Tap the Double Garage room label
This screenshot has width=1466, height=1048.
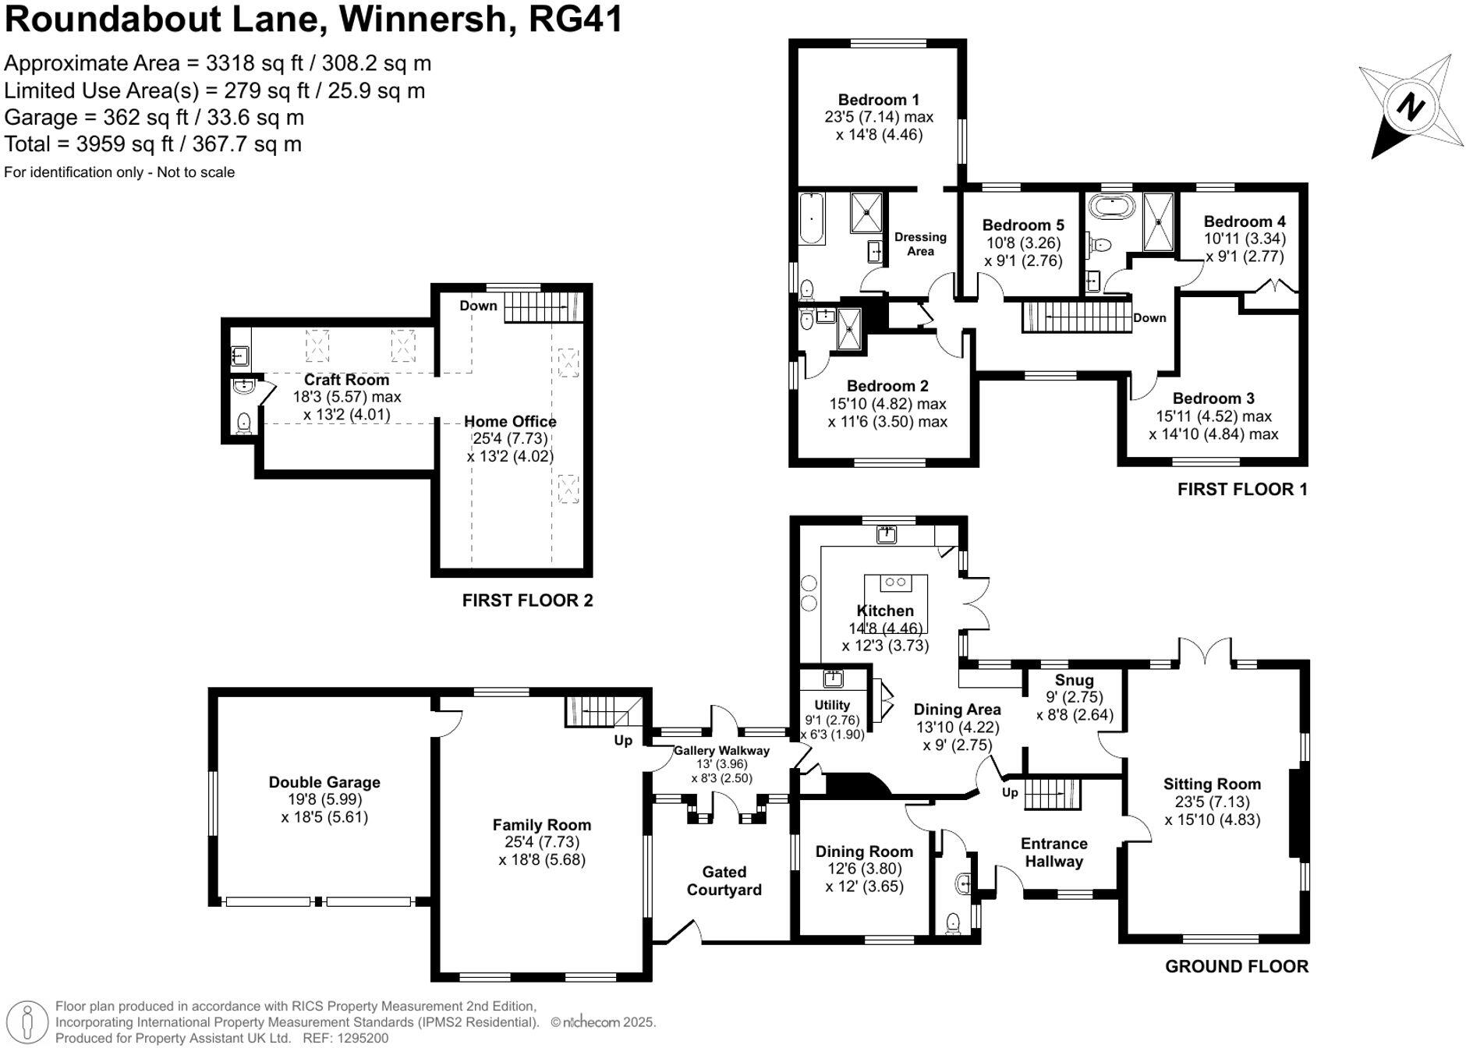324,782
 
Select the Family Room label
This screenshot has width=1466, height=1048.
541,824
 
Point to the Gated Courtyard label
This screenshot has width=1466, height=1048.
724,880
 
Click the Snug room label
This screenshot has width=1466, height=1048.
1074,680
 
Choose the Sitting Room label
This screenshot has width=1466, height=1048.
1212,784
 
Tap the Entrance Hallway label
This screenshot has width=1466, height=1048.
1053,852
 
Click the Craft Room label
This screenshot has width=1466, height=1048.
346,380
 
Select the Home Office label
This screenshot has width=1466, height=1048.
510,421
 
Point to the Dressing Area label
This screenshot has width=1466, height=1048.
920,243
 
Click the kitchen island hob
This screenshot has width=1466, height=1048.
895,582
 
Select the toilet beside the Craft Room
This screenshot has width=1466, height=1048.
244,423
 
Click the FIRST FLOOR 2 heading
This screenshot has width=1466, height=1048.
527,600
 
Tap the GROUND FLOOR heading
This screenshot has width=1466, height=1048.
1236,966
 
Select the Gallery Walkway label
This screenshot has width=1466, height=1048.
721,750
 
